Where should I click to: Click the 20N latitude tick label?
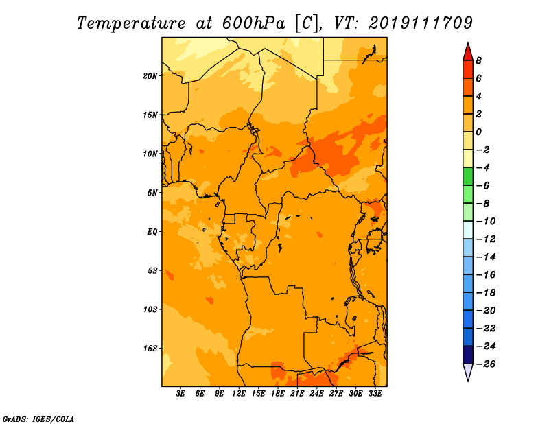(150, 76)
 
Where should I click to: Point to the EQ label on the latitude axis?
(152, 232)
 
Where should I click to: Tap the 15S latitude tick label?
(150, 349)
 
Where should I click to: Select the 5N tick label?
(152, 193)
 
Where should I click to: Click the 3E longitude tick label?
(180, 394)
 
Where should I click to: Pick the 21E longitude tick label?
(297, 394)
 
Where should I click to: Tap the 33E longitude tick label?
(375, 394)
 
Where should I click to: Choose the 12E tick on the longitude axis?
(239, 394)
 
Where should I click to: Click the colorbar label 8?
(478, 60)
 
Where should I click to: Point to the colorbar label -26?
(486, 364)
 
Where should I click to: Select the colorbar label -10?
(486, 222)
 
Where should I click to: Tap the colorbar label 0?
(478, 132)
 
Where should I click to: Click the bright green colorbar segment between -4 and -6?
(468, 176)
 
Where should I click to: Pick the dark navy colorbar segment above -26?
(468, 355)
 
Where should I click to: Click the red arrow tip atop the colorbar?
(468, 43)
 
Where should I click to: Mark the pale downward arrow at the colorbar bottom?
(468, 373)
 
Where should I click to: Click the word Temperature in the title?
(131, 23)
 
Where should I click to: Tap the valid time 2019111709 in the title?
(421, 23)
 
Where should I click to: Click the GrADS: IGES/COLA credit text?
(38, 419)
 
